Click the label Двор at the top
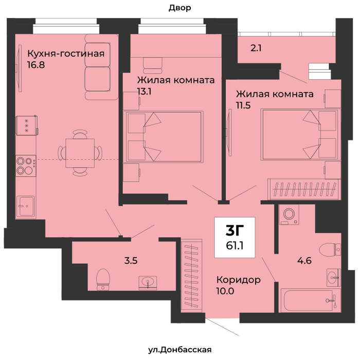point(180,8)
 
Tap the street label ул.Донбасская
point(179,350)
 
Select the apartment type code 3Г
point(235,230)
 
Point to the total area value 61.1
point(235,246)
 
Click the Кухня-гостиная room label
point(66,53)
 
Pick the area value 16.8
point(36,65)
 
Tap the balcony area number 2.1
point(256,48)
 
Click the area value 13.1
point(144,92)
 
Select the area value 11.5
point(243,105)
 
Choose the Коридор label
point(239,280)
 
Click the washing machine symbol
point(289,214)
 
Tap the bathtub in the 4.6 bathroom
point(310,300)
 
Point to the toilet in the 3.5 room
point(103,279)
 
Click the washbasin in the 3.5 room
point(148,282)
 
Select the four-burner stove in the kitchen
point(26,166)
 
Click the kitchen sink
point(26,207)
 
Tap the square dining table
point(80,153)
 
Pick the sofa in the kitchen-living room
point(101,67)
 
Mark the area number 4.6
point(304,261)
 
